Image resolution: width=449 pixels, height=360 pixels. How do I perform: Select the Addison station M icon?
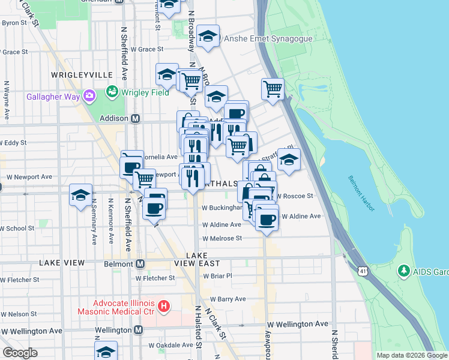[x=136, y=119]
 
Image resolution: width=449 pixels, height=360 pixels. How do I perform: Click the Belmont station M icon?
[x=140, y=264]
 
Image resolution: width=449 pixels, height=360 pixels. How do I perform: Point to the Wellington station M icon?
[x=139, y=330]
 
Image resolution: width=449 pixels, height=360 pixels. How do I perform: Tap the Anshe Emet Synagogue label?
[x=268, y=38]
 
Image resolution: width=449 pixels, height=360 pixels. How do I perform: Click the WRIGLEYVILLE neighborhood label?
[x=82, y=74]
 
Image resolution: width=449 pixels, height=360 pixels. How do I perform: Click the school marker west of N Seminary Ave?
[x=80, y=196]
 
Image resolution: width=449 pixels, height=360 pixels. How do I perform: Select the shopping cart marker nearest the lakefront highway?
[x=273, y=89]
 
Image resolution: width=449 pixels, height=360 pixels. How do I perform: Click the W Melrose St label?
[x=221, y=238]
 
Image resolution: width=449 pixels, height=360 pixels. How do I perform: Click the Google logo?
[x=20, y=352]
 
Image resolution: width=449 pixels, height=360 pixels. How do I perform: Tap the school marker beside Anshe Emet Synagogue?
[x=208, y=37]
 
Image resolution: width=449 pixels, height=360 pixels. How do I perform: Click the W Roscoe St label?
[x=295, y=196]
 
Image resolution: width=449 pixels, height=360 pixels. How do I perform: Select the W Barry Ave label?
[x=228, y=299]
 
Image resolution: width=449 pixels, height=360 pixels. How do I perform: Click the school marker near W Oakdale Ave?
[x=106, y=352]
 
